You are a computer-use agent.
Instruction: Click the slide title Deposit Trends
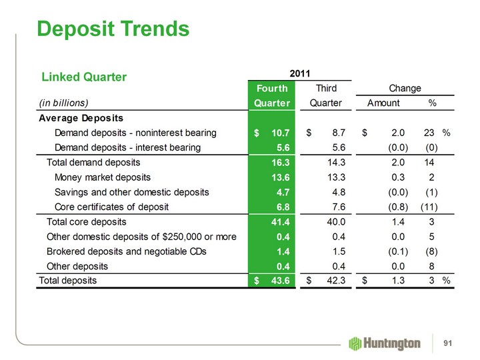point(113,29)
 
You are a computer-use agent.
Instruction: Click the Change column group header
point(404,88)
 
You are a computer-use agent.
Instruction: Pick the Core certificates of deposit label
point(111,207)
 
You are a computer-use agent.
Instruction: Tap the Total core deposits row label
point(87,221)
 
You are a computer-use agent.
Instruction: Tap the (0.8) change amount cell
point(396,207)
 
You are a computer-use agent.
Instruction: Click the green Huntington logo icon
point(355,342)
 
